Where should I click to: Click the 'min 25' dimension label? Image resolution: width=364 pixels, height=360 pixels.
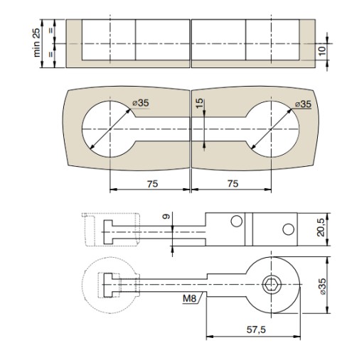(x=37, y=42)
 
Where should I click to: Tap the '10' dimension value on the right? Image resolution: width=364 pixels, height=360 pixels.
(x=322, y=51)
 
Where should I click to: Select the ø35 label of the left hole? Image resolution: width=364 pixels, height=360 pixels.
(x=141, y=103)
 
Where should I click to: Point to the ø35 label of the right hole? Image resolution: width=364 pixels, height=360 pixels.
(x=303, y=104)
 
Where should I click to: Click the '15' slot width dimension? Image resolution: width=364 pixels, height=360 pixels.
(x=200, y=103)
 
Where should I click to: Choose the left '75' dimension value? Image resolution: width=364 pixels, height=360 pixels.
(x=152, y=184)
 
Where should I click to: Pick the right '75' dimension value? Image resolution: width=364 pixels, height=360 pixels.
(x=232, y=184)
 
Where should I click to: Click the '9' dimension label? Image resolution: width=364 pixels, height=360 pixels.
(x=167, y=217)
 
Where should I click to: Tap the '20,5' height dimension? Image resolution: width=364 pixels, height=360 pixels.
(x=321, y=227)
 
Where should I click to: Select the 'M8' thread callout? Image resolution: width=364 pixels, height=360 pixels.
(x=190, y=299)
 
